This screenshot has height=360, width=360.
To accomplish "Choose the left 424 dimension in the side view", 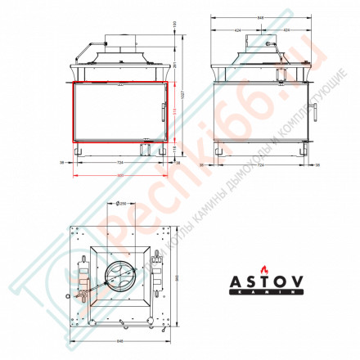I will click(x=239, y=29).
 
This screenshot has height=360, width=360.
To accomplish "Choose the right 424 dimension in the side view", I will click(x=287, y=29).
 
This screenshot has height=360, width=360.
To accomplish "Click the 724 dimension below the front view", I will click(x=119, y=164).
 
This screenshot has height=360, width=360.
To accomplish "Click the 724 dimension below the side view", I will click(x=260, y=164).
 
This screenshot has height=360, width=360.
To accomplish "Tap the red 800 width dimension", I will click(x=119, y=174).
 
